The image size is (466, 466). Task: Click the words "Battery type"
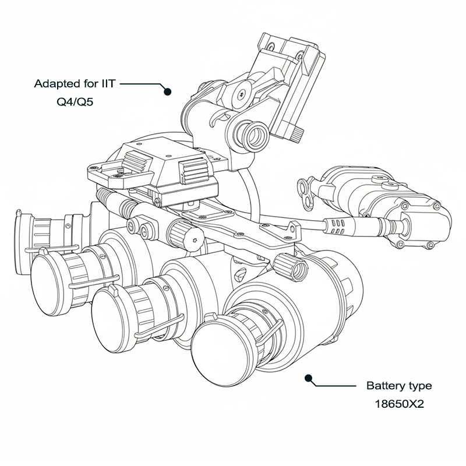(x=399, y=386)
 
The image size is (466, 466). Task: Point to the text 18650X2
(x=399, y=402)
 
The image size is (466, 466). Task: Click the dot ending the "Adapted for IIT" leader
(x=168, y=91)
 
